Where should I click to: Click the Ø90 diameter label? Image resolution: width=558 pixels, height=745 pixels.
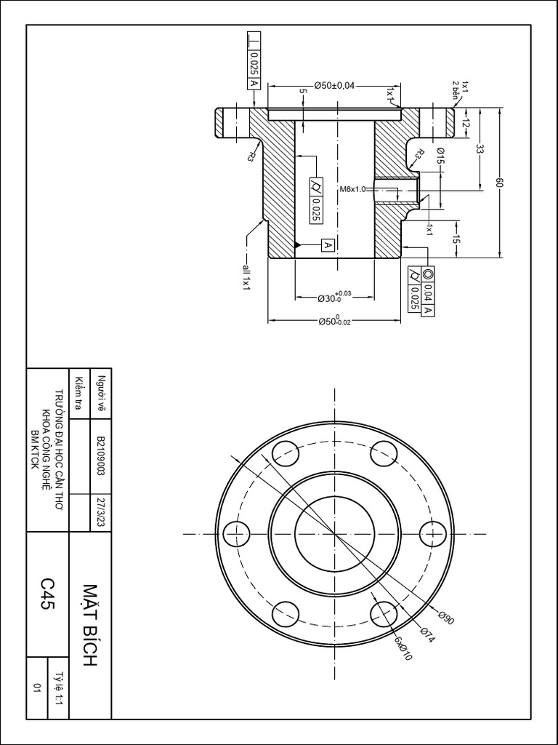pos(446,618)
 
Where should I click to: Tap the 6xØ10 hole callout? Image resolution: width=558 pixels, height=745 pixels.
pos(403,648)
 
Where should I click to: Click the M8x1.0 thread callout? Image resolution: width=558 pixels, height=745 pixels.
pos(354,189)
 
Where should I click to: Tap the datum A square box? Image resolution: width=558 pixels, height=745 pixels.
pos(327,245)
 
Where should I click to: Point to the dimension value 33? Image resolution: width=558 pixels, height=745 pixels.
pos(480,149)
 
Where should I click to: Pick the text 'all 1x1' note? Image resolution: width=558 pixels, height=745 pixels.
pos(246,278)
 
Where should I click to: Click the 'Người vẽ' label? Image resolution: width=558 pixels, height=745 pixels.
pos(102,394)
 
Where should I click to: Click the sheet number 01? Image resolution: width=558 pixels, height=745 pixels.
pos(36,687)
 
